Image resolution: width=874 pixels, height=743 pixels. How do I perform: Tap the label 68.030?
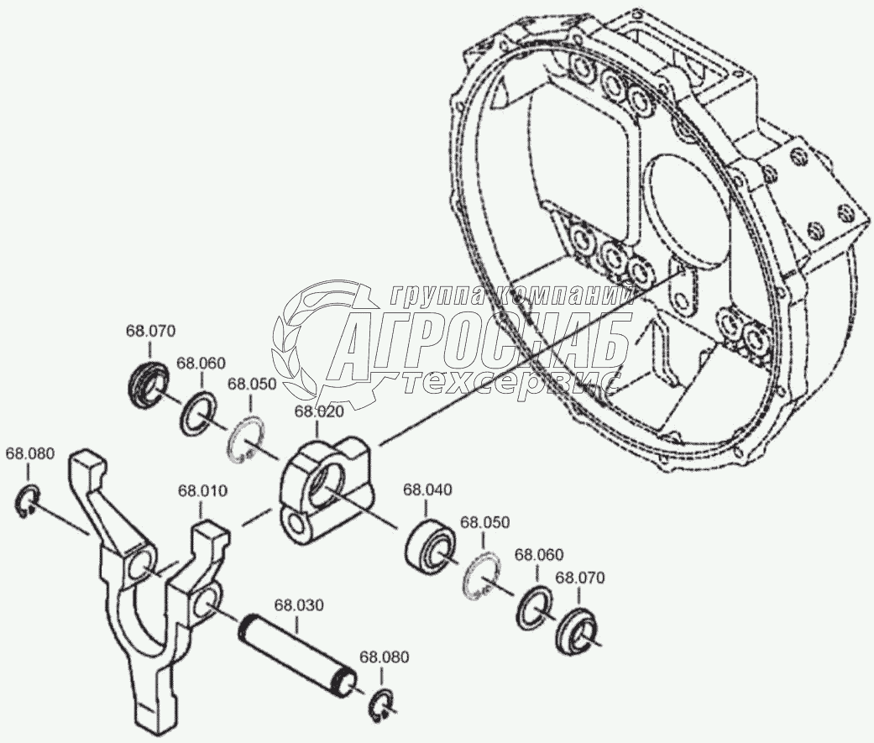300,604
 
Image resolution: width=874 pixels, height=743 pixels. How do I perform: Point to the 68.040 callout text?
427,489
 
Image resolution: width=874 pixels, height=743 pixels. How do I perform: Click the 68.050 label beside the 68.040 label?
484,521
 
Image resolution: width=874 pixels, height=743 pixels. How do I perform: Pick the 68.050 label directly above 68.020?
252,384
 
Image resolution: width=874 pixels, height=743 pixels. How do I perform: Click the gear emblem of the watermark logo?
323,332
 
